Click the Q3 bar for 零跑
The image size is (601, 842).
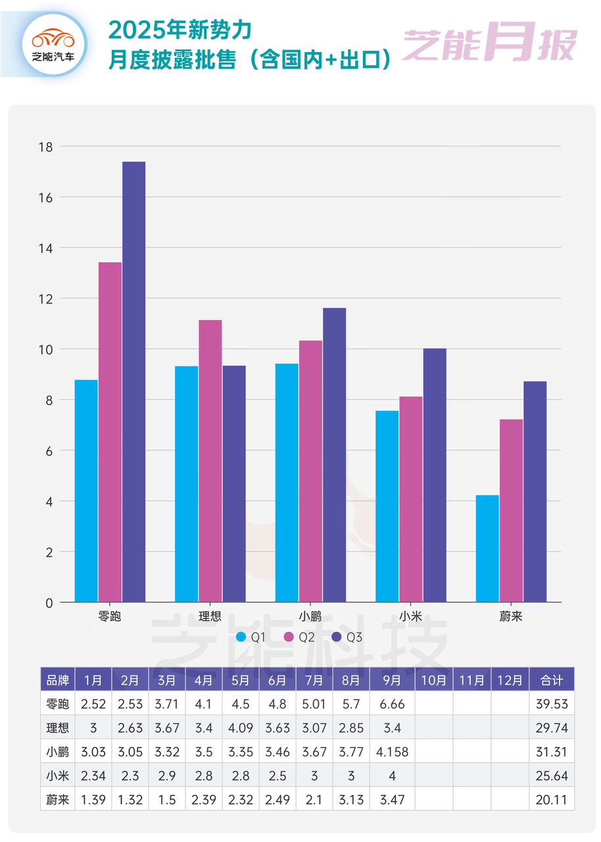pyautogui.click(x=133, y=382)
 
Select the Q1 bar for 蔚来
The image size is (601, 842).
pyautogui.click(x=487, y=549)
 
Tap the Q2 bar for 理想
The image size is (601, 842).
pyautogui.click(x=210, y=460)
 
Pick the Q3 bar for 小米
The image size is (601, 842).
pyautogui.click(x=435, y=475)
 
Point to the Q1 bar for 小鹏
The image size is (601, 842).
pyautogui.click(x=287, y=483)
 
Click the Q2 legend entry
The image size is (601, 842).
pyautogui.click(x=299, y=637)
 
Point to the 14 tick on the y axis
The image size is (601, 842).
pyautogui.click(x=47, y=248)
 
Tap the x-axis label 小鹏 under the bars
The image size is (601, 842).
pyautogui.click(x=310, y=616)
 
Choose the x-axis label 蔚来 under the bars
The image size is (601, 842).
pyautogui.click(x=511, y=616)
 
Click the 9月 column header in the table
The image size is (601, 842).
pyautogui.click(x=392, y=680)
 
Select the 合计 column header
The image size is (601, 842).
pyautogui.click(x=551, y=680)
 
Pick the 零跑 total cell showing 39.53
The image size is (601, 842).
pyautogui.click(x=551, y=703)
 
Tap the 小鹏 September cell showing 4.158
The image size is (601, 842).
pyautogui.click(x=392, y=751)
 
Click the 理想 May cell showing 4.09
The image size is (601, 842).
pyautogui.click(x=240, y=728)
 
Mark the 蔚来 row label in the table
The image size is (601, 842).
pyautogui.click(x=57, y=799)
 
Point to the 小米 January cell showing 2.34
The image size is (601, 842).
pyautogui.click(x=93, y=776)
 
